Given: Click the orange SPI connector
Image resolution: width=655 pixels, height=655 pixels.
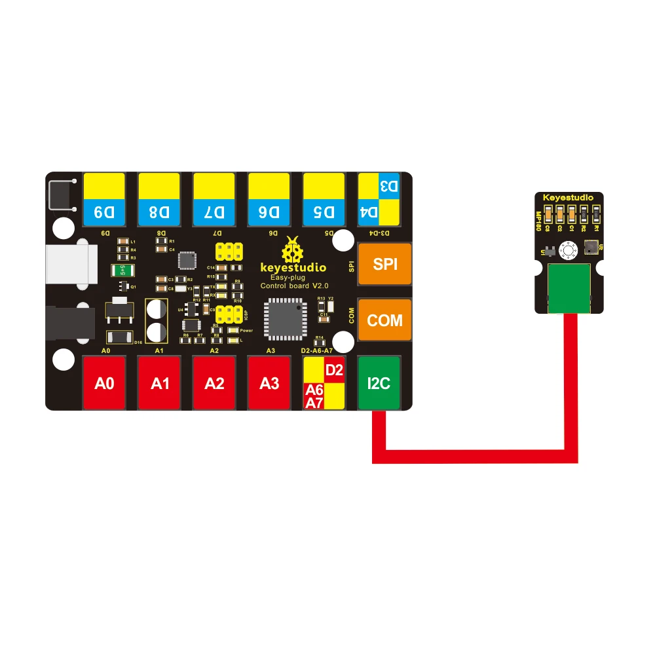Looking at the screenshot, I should point(384,264).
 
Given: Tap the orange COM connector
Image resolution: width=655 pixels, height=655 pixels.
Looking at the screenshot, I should point(384,320).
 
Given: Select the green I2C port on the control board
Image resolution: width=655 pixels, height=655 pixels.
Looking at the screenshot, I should point(379,383).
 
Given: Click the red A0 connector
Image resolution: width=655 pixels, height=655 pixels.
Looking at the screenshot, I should point(104,383).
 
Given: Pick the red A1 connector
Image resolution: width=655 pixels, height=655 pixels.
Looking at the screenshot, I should point(159,383).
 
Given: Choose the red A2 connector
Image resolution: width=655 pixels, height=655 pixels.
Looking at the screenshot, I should point(214,383).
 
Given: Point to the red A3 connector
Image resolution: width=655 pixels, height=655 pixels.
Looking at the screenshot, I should point(269,383).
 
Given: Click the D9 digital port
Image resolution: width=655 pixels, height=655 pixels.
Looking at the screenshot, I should point(104,198).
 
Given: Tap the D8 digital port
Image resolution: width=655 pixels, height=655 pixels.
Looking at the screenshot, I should point(159,198).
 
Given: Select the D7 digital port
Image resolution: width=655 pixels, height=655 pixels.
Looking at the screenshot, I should point(214,198).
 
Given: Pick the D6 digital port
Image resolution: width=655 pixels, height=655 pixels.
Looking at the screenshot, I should point(269,198).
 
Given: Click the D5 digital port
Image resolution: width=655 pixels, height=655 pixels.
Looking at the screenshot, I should point(324,198).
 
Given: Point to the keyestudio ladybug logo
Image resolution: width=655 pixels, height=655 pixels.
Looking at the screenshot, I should point(292,251).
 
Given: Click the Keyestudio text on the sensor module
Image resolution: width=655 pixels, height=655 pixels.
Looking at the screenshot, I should point(568,197).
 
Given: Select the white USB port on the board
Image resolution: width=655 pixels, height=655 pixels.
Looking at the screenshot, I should point(71,267).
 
